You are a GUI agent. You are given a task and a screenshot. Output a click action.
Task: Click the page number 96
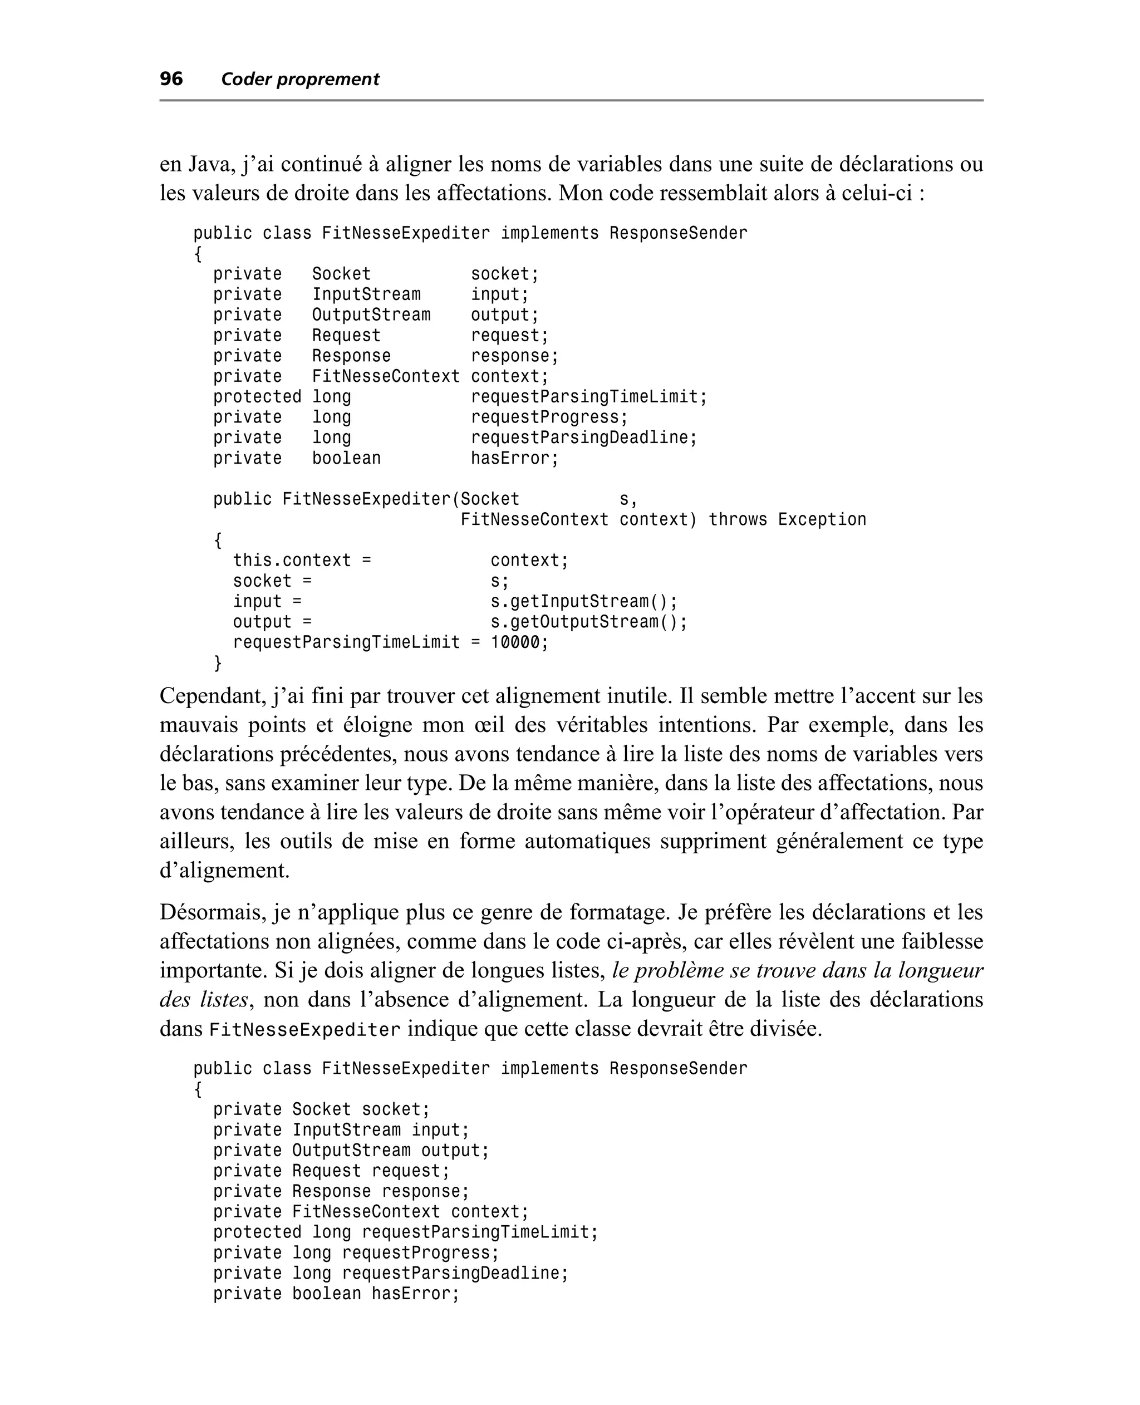(x=171, y=79)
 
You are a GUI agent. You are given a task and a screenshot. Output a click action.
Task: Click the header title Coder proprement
(x=300, y=80)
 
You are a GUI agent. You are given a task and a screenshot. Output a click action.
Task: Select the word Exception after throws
(x=822, y=519)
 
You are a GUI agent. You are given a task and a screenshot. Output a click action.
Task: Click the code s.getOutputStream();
(x=588, y=622)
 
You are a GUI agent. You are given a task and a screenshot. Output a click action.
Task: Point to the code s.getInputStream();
(x=584, y=601)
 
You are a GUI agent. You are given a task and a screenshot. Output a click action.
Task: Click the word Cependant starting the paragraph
(x=210, y=696)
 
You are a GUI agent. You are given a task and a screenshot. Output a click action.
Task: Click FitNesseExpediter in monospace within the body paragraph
(x=304, y=1029)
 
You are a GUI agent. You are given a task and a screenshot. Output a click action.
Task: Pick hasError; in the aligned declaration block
(x=514, y=458)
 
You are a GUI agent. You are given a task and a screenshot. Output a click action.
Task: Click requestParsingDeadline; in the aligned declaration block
(x=583, y=438)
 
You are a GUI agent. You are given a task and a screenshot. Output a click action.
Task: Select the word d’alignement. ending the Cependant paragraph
(x=224, y=871)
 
